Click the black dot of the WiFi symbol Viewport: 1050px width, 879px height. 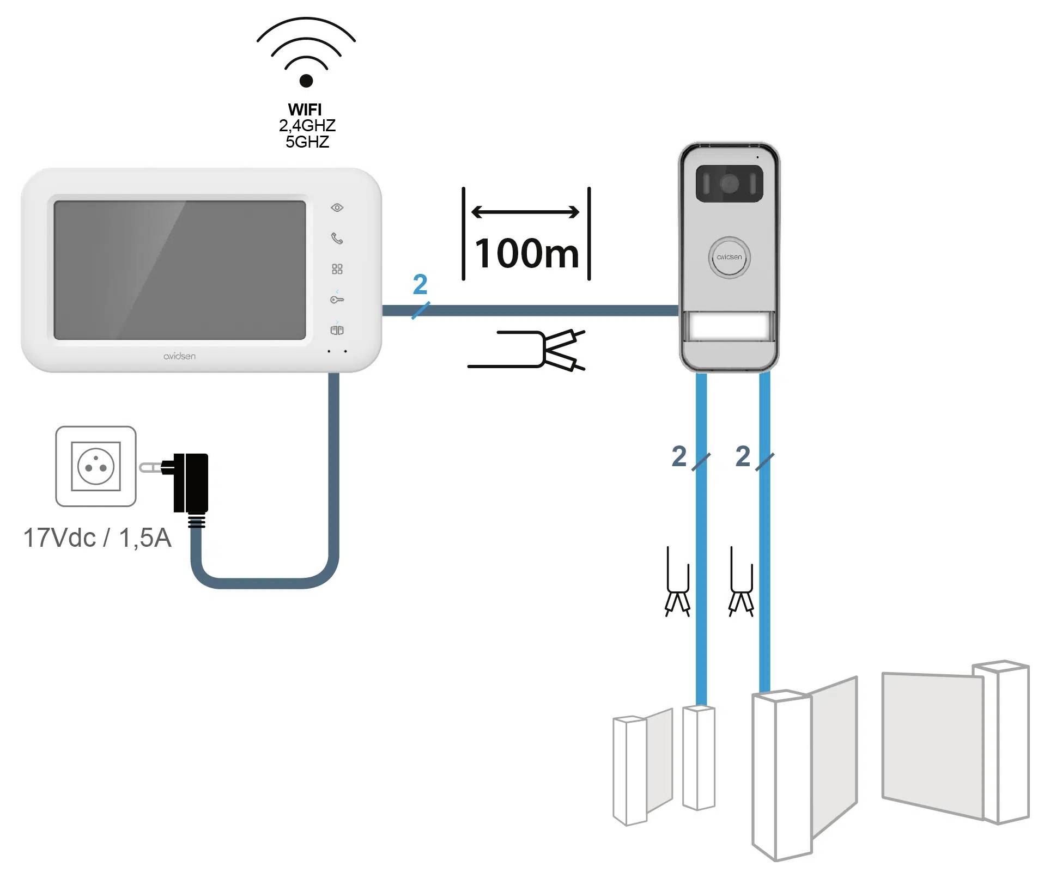coord(306,81)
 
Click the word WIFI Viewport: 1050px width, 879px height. coord(305,109)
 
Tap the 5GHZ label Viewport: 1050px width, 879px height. coord(307,142)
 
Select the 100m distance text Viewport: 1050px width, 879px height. coord(527,253)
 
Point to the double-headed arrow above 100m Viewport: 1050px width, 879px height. coord(525,212)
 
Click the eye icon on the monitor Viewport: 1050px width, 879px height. coord(337,207)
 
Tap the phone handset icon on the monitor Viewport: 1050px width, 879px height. coord(337,238)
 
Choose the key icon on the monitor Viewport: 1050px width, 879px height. coord(337,300)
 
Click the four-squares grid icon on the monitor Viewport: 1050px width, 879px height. coord(337,269)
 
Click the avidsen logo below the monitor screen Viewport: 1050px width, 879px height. coord(179,356)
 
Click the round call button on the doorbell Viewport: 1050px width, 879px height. coord(729,257)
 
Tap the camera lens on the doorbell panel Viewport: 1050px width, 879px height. coord(729,184)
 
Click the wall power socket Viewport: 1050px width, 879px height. coord(96,466)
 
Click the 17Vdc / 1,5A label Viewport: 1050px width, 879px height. coord(97,538)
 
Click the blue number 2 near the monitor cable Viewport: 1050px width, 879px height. coord(420,284)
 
